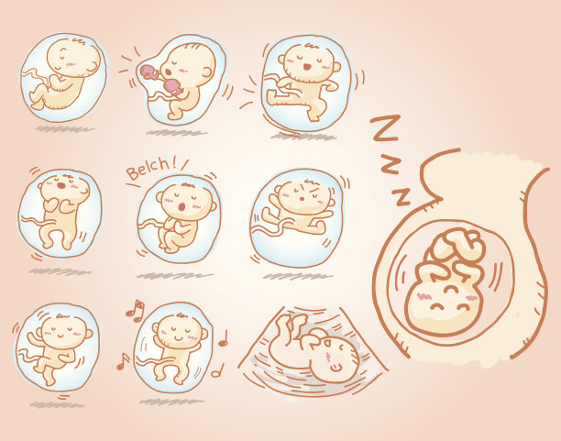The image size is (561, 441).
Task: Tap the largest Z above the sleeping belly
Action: [x=385, y=127]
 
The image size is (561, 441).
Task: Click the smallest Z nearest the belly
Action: [x=401, y=196]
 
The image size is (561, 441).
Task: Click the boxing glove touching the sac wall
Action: [x=149, y=72]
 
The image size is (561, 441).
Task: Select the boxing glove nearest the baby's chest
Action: [x=172, y=87]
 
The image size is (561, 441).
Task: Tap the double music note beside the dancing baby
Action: [x=136, y=310]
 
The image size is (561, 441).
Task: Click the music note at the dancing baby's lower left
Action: [x=123, y=361]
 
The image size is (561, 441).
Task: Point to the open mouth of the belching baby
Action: [x=181, y=207]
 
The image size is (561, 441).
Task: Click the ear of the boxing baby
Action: [x=208, y=72]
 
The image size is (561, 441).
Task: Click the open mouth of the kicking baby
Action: [x=306, y=67]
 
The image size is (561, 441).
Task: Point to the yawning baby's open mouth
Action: [x=61, y=185]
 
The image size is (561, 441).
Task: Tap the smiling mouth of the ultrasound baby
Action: [x=335, y=367]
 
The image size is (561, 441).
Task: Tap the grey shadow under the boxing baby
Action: [x=176, y=133]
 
